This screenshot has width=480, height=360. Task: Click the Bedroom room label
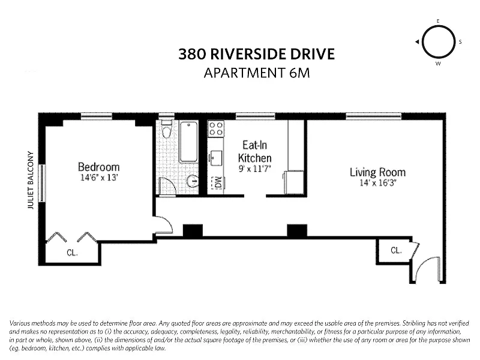pyautogui.click(x=98, y=167)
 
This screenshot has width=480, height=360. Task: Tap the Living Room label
pyautogui.click(x=378, y=172)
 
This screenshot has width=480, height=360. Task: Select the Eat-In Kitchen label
pyautogui.click(x=254, y=151)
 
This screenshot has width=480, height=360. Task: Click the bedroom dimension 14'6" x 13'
pyautogui.click(x=99, y=178)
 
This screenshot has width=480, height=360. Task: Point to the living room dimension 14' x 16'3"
pyautogui.click(x=378, y=183)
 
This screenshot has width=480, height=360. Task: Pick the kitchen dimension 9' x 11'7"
pyautogui.click(x=254, y=169)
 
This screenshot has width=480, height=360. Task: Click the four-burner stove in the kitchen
pyautogui.click(x=216, y=128)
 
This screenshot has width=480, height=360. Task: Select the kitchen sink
pyautogui.click(x=216, y=158)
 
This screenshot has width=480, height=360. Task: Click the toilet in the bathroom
pyautogui.click(x=167, y=129)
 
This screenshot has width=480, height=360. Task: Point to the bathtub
pyautogui.click(x=188, y=142)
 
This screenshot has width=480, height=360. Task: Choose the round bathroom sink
pyautogui.click(x=193, y=181)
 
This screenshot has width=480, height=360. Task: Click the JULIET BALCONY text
pyautogui.click(x=31, y=181)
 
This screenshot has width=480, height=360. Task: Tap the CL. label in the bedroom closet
pyautogui.click(x=72, y=253)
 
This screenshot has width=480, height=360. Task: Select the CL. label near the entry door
pyautogui.click(x=396, y=250)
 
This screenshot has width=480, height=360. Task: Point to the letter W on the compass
pyautogui.click(x=439, y=64)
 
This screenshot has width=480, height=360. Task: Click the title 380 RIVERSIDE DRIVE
pyautogui.click(x=257, y=54)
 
